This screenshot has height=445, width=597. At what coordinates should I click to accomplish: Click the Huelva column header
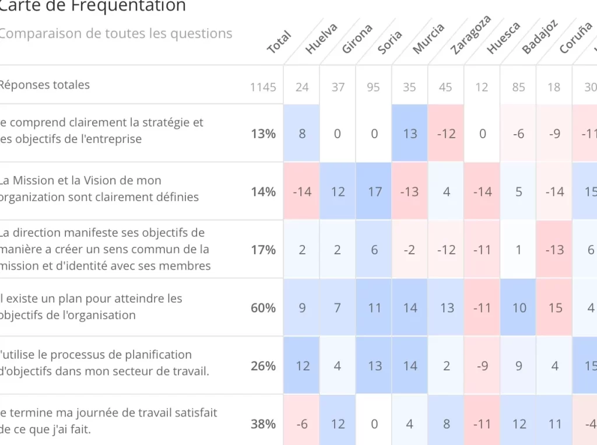click(321, 39)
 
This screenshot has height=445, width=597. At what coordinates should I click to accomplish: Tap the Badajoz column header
click(540, 37)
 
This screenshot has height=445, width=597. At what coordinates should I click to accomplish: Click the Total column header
click(279, 42)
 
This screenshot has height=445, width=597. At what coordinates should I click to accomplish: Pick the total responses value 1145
click(263, 87)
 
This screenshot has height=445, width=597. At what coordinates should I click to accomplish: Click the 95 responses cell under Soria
click(373, 87)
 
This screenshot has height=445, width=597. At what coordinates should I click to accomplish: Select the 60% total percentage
click(263, 308)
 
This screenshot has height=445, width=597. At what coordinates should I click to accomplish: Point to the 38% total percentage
click(263, 424)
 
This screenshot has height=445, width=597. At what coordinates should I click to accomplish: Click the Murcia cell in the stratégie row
click(410, 134)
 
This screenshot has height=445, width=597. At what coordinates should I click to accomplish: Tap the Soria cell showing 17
click(374, 191)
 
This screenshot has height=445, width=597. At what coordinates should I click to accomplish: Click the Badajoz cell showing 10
click(519, 308)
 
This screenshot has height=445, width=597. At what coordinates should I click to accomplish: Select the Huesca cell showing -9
click(482, 366)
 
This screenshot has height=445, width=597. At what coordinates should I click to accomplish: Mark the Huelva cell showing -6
click(302, 424)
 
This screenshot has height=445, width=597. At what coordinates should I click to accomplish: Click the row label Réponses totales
click(45, 85)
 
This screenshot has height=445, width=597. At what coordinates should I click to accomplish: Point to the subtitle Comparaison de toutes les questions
click(115, 33)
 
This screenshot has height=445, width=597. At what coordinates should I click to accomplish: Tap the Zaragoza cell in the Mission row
click(446, 191)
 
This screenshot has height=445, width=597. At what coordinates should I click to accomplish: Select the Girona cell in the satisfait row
click(338, 424)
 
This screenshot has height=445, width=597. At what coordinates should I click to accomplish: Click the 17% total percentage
click(263, 250)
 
